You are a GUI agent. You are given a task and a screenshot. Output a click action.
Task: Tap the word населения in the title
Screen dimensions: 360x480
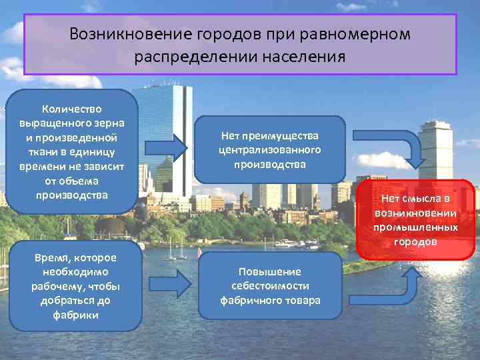coord(303,57)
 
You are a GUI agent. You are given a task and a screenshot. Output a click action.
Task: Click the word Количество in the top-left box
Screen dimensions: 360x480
coord(72,108)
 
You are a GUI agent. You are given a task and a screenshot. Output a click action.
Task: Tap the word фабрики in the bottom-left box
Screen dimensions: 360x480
coord(75,315)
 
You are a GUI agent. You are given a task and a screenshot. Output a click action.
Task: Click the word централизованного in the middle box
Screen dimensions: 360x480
coord(270,149)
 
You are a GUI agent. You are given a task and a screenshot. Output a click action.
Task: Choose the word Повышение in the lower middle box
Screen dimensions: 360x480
coord(270,271)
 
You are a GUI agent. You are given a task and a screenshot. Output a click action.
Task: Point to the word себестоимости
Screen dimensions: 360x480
coord(270,286)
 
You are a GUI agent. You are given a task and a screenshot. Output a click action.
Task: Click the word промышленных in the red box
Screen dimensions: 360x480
coord(416,227)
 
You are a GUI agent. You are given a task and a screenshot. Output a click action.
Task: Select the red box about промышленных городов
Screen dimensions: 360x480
coord(416,219)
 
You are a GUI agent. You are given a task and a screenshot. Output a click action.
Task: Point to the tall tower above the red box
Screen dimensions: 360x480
coord(435,150)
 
